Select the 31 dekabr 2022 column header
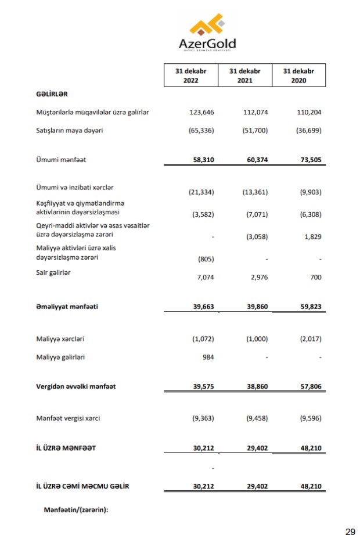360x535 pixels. [190, 76]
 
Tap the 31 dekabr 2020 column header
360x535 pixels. [298, 76]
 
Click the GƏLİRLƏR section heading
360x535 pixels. [53, 92]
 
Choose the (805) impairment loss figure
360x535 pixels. [206, 260]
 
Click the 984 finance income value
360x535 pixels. [208, 357]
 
